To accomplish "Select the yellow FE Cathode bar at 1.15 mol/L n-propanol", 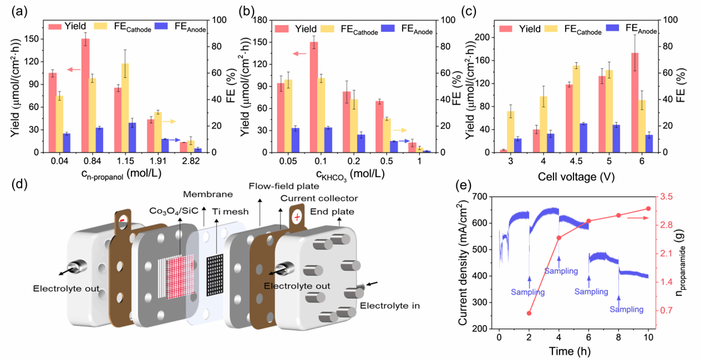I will pyautogui.click(x=125, y=108).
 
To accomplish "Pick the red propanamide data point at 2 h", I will pyautogui.click(x=529, y=313).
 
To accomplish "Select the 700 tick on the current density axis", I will pyautogui.click(x=486, y=196).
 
